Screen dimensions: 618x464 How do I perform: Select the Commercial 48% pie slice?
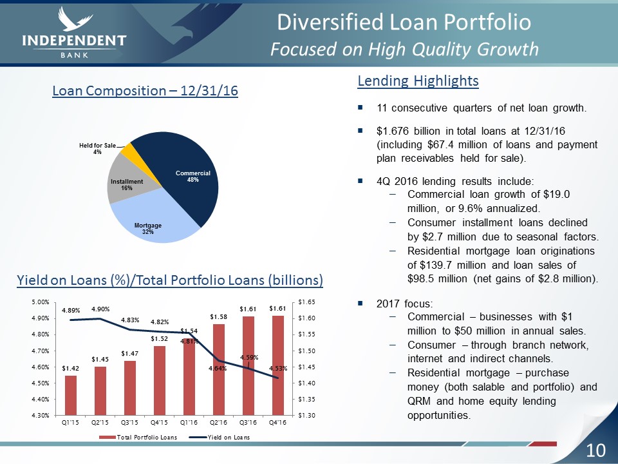[185, 175]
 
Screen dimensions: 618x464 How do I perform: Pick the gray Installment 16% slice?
[126, 180]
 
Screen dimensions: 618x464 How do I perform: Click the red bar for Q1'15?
[71, 395]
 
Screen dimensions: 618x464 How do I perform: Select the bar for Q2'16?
[219, 370]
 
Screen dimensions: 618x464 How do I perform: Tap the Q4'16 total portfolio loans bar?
[278, 365]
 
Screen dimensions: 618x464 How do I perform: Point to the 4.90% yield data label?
[100, 309]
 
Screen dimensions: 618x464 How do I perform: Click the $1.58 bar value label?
[218, 316]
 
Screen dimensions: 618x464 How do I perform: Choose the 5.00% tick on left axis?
[41, 302]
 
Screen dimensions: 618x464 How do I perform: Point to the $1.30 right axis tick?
[306, 415]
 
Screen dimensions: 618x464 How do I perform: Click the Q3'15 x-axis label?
[129, 423]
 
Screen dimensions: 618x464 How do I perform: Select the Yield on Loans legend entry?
[220, 437]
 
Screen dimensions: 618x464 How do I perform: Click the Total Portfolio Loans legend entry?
[138, 437]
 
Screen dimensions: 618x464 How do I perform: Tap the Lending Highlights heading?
[418, 81]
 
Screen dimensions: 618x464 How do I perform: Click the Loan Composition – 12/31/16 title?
[145, 91]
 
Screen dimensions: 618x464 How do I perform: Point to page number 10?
[595, 450]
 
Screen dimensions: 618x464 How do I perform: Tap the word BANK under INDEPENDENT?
[75, 55]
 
